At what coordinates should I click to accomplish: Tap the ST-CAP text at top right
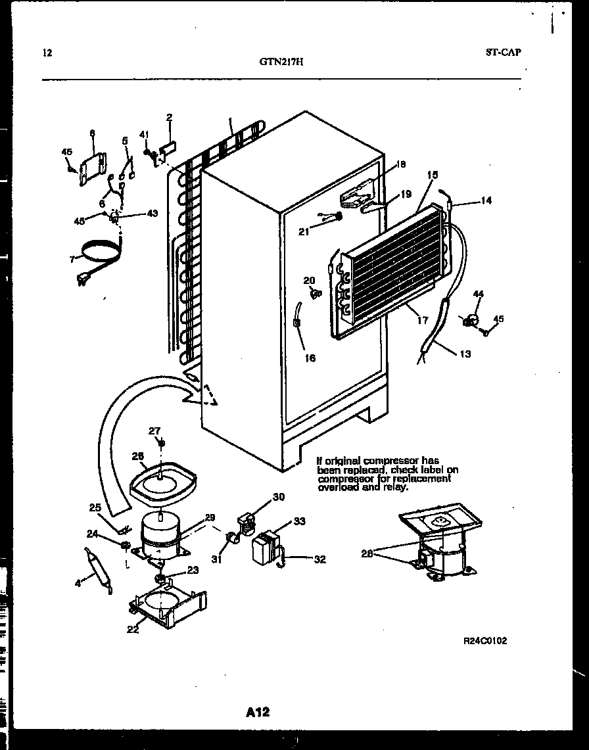tap(504, 53)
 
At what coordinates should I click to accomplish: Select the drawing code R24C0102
tap(485, 641)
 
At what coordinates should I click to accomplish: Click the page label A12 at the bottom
tap(258, 711)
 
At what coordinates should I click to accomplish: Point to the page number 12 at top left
tap(47, 53)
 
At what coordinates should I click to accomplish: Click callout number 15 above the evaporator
tap(432, 175)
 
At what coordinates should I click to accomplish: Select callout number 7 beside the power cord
tap(72, 260)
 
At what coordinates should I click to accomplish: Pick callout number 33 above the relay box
tap(299, 521)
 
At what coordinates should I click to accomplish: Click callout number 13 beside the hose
tap(465, 354)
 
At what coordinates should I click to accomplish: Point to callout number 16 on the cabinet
tap(310, 358)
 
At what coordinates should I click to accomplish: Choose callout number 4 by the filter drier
tap(78, 582)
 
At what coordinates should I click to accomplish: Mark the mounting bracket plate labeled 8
tap(91, 168)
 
